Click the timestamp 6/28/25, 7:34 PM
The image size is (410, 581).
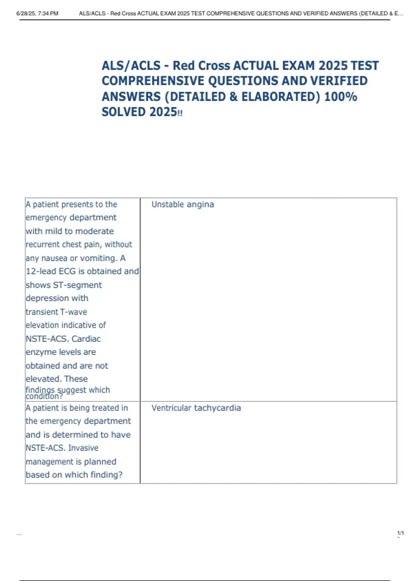[x=37, y=14]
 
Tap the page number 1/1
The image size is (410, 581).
[x=400, y=533]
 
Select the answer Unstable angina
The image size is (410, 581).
[x=183, y=204]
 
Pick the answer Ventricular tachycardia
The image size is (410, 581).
[x=196, y=408]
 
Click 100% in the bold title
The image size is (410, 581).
[x=341, y=97]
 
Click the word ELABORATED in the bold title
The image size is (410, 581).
[x=281, y=97]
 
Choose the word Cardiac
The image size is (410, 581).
[x=86, y=339]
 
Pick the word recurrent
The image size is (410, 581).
[x=42, y=244]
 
